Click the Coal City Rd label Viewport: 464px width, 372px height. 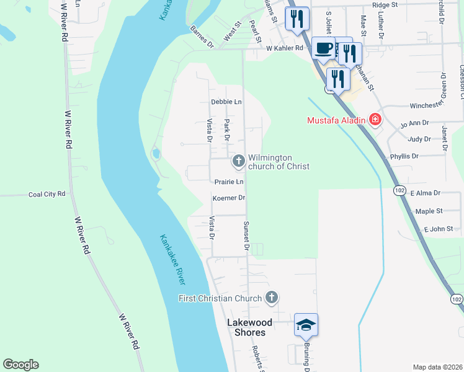click(47, 194)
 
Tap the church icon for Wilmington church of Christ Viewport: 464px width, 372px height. click(238, 162)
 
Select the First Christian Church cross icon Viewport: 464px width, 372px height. click(271, 298)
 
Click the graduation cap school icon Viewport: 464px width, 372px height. click(306, 325)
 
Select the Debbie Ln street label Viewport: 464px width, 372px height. click(226, 102)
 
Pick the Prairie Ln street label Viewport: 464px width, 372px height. click(230, 182)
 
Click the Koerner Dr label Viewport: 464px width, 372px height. click(230, 198)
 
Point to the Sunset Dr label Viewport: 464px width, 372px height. click(246, 236)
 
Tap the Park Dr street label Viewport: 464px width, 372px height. click(227, 130)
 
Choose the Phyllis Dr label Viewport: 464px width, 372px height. click(404, 156)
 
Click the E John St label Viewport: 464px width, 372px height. click(439, 229)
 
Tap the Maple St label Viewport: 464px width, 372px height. click(429, 211)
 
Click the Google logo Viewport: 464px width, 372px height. click(20, 365)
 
